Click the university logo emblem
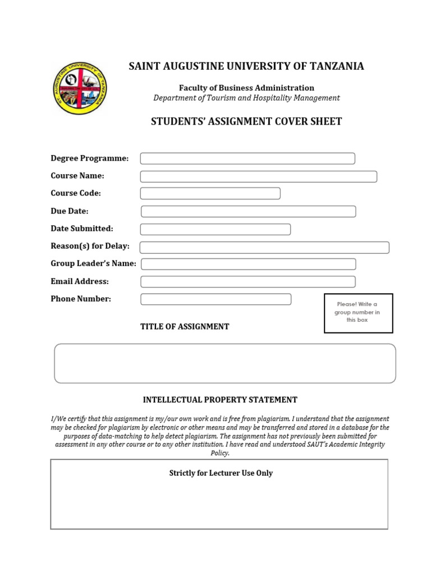coord(80,88)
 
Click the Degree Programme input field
coord(247,158)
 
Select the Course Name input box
coord(258,176)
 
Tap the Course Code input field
coord(210,194)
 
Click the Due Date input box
coord(248,211)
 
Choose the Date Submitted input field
coord(215,229)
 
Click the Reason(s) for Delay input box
coord(264,247)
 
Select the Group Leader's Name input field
coord(248,264)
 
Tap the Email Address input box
coord(248,281)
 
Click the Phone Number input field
coord(215,299)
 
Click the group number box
coord(358,313)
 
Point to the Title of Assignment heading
coord(185,327)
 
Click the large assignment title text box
coord(224,363)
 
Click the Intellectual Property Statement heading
coord(220,400)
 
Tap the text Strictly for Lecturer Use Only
coord(221,473)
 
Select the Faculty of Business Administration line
coord(246,88)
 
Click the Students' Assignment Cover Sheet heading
coord(246,121)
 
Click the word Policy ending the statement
coord(219,453)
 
